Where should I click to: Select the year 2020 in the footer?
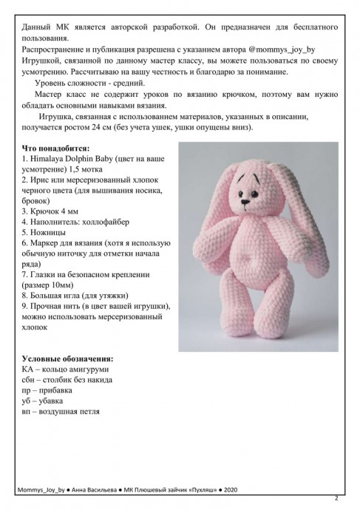click(229, 489)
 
